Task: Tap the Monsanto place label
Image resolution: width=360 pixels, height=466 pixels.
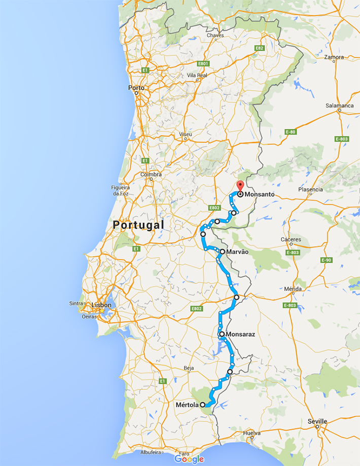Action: click(x=260, y=194)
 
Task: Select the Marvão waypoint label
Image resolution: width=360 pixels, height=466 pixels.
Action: click(x=237, y=252)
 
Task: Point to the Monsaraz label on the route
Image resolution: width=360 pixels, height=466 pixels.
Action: click(x=240, y=335)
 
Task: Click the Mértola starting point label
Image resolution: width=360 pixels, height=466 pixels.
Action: click(x=187, y=405)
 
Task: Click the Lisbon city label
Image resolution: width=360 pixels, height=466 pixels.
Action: click(x=101, y=305)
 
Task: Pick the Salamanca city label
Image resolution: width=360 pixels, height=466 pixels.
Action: click(x=340, y=106)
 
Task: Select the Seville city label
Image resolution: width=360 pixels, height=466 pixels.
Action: click(x=317, y=421)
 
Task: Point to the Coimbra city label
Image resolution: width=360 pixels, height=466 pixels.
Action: click(x=151, y=174)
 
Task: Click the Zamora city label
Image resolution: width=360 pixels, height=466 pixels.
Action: click(x=334, y=57)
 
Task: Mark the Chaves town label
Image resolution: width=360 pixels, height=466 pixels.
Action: click(x=215, y=35)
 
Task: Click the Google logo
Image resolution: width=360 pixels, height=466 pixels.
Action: click(x=189, y=459)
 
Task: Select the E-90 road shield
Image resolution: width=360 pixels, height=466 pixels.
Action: click(x=326, y=260)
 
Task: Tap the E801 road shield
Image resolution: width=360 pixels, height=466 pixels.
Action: click(x=203, y=63)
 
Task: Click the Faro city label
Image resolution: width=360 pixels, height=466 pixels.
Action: click(x=184, y=453)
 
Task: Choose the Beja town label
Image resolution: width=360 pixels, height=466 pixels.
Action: click(x=189, y=368)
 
